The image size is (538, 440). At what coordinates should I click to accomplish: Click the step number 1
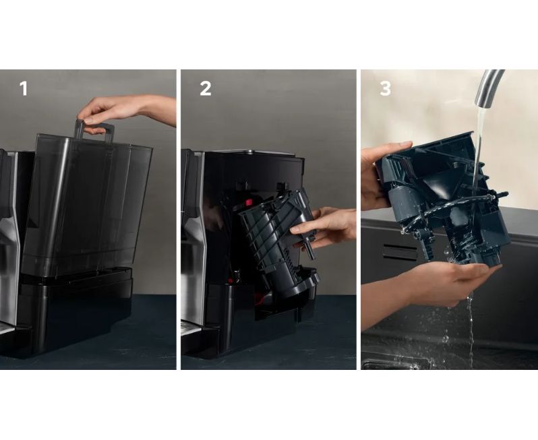[x=24, y=88]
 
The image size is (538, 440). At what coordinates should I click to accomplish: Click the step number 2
[x=205, y=88]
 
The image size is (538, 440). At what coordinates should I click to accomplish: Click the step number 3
[x=386, y=88]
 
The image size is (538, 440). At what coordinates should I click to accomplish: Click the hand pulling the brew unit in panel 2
[x=324, y=226]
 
